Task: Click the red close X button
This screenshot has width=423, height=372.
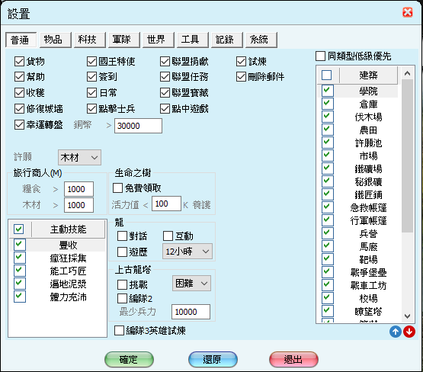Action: point(407,12)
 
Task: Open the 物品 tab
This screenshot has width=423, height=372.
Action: point(56,40)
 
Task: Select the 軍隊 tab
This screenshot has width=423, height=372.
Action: point(124,40)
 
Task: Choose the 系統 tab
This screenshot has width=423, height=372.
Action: point(261,40)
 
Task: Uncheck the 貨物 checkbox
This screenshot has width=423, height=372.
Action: point(19,62)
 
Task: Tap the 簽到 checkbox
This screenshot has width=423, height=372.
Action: point(91,77)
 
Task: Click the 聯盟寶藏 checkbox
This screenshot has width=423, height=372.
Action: point(165,93)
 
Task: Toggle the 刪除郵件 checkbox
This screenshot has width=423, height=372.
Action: point(241,77)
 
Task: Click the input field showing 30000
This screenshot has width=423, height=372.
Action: point(138,126)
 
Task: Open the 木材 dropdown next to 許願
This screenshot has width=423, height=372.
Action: point(79,157)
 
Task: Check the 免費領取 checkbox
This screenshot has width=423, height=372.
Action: point(117,188)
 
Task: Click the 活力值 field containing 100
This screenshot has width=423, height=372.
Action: point(166,204)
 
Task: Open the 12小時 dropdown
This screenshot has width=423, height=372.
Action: point(187,252)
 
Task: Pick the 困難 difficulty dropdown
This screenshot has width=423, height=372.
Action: point(191,284)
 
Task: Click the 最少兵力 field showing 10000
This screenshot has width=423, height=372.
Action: point(191,312)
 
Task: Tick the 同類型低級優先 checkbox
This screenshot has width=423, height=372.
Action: point(320,56)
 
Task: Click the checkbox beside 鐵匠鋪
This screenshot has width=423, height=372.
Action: point(327,194)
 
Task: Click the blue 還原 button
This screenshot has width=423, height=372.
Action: point(213,359)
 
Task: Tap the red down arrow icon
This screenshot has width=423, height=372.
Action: point(409,332)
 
